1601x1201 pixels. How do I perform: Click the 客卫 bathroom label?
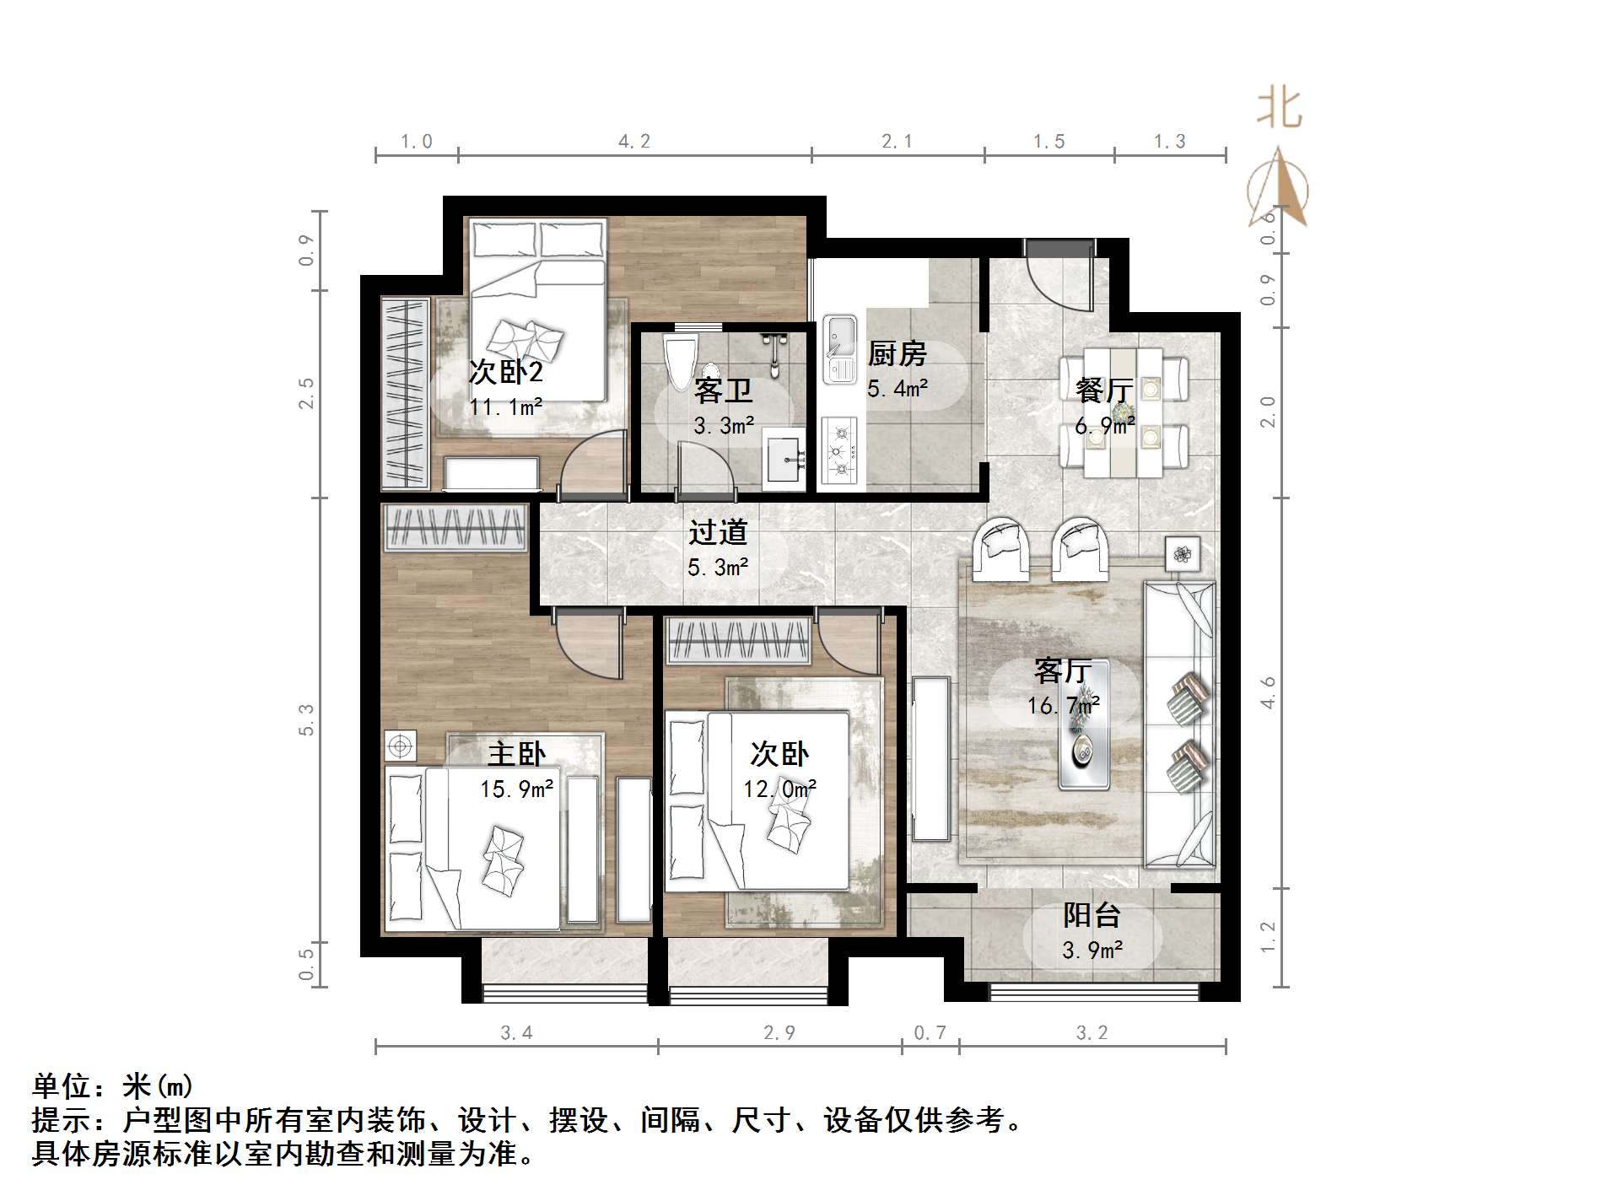coord(723,390)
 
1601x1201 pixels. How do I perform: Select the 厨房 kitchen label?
coord(897,353)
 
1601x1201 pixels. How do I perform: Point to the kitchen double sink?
coord(839,348)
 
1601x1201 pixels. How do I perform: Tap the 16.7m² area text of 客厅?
coord(1063,705)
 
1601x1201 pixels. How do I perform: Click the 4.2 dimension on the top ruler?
coord(634,142)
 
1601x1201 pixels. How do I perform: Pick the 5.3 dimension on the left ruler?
coord(306,719)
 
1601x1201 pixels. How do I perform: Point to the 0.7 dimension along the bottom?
coord(930,1033)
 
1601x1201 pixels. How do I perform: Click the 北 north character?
coord(1279,110)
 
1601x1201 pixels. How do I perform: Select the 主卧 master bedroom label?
coord(516,753)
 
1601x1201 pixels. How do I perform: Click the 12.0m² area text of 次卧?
coord(779,789)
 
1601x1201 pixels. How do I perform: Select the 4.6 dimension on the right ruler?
coord(1268,693)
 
